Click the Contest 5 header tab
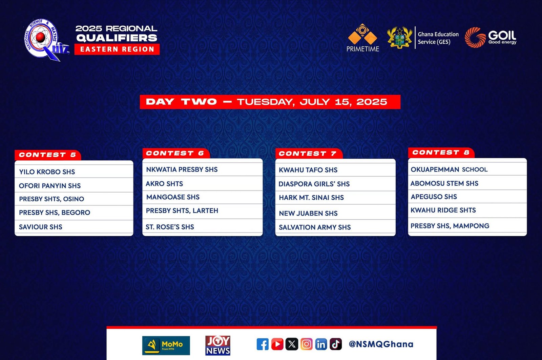(x=48, y=155)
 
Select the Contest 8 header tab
(x=441, y=153)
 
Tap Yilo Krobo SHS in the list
(x=47, y=172)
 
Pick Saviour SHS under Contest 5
(x=41, y=227)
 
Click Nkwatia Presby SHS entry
(x=182, y=169)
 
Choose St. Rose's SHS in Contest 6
(x=170, y=227)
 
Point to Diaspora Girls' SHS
(x=314, y=184)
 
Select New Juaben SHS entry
(x=308, y=213)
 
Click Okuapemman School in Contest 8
(x=449, y=169)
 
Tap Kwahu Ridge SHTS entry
(x=443, y=210)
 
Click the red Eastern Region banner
(x=117, y=49)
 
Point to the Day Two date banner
(x=270, y=102)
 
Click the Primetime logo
(x=362, y=38)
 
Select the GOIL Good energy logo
(x=491, y=38)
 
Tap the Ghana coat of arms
(x=399, y=38)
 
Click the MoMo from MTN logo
(x=166, y=345)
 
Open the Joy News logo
(x=218, y=345)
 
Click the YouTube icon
(x=277, y=344)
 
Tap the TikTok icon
(x=336, y=344)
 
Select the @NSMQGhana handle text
(x=381, y=344)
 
